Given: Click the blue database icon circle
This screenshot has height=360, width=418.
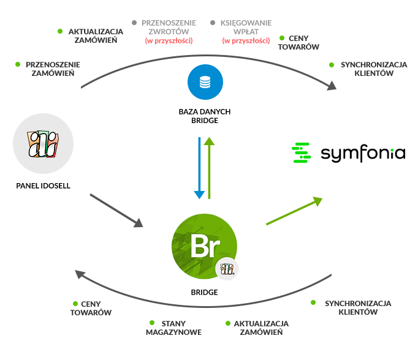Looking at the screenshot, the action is click(x=205, y=82).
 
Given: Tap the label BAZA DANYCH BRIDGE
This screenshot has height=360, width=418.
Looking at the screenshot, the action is click(x=205, y=116).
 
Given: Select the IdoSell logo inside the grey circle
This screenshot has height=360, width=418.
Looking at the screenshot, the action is click(x=43, y=144).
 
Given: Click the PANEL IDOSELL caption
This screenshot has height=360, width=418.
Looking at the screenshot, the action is click(x=43, y=186).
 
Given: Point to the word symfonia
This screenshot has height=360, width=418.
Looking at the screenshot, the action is click(x=363, y=154).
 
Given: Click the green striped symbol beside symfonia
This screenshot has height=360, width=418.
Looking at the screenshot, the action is click(x=301, y=152).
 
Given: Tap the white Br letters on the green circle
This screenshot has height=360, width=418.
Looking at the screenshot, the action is click(x=205, y=246).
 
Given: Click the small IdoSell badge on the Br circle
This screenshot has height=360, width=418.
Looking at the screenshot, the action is click(x=227, y=269).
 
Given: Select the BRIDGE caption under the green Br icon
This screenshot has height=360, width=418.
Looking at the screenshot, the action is click(x=205, y=293).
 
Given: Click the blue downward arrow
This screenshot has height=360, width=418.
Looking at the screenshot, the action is click(x=199, y=168).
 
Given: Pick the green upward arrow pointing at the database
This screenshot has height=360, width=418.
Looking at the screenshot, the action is click(x=209, y=168).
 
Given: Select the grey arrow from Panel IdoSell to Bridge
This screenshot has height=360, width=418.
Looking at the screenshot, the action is click(x=116, y=211).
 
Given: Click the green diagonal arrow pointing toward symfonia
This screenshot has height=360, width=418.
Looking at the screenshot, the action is click(x=294, y=211).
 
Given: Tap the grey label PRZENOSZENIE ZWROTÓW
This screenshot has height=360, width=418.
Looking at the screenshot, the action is click(x=169, y=27).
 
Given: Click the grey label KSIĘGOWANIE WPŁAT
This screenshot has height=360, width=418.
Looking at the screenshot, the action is click(x=246, y=27).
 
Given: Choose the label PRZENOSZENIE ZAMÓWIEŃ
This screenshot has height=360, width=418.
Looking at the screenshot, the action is click(x=53, y=69).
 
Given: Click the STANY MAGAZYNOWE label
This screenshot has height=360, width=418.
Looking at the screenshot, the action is click(x=174, y=328).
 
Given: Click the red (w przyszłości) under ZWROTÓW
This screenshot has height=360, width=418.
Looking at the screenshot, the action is click(x=169, y=41).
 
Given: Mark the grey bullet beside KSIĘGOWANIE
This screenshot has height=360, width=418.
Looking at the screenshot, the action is click(x=213, y=23).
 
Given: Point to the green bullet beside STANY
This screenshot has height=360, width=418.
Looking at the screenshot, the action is click(x=152, y=323).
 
